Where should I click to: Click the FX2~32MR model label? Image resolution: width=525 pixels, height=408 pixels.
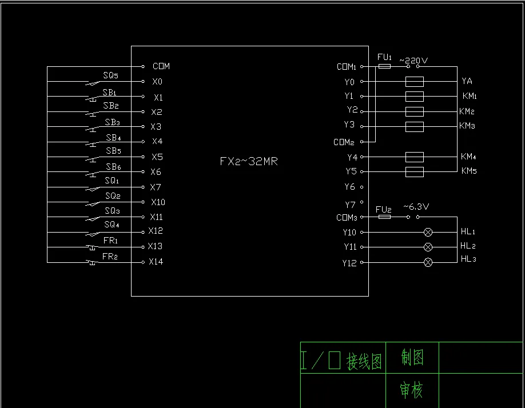(249, 162)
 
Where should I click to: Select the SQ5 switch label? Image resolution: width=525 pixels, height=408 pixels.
(111, 75)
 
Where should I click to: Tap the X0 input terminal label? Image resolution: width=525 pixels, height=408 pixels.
(157, 82)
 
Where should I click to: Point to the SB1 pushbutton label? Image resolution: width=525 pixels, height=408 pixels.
(110, 92)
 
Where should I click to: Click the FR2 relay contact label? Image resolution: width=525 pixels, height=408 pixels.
(110, 257)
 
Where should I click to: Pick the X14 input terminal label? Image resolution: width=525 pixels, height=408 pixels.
(156, 262)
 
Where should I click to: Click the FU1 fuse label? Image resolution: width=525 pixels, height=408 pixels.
(385, 57)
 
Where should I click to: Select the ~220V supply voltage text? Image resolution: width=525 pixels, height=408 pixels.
(413, 59)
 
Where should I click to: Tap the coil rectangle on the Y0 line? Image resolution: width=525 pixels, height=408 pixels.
(414, 82)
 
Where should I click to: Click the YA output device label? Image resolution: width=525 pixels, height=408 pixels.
(467, 81)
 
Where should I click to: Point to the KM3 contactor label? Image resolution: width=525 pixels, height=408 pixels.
(467, 126)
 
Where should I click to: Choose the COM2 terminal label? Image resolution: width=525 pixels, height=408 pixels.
(344, 142)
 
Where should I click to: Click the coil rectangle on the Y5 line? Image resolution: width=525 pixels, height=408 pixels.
(414, 171)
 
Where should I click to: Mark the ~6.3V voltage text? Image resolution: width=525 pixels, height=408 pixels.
(416, 207)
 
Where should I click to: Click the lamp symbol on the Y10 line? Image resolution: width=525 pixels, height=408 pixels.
(427, 232)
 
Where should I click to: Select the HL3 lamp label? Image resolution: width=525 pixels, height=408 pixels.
(468, 259)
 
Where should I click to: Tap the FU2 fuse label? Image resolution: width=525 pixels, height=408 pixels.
(384, 210)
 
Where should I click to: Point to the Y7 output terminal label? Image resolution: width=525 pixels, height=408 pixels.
(350, 205)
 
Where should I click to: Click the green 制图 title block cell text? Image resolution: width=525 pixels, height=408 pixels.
(412, 358)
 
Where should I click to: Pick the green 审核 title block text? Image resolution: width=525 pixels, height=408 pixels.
(411, 391)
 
